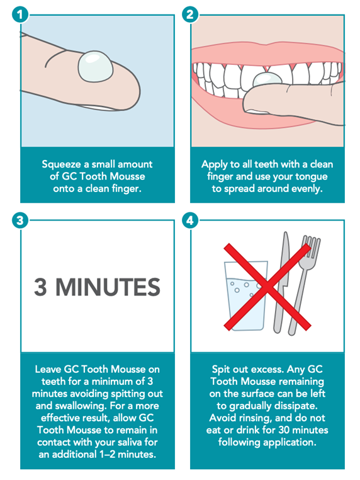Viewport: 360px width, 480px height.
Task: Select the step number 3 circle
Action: click(x=21, y=220)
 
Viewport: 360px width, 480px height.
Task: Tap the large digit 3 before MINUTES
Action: click(x=41, y=287)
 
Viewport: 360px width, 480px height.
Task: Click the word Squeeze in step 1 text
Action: click(x=62, y=164)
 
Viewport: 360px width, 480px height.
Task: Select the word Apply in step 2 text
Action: click(x=215, y=164)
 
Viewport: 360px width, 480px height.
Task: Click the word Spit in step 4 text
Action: click(x=223, y=369)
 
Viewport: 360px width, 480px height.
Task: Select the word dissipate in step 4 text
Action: click(x=288, y=406)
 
